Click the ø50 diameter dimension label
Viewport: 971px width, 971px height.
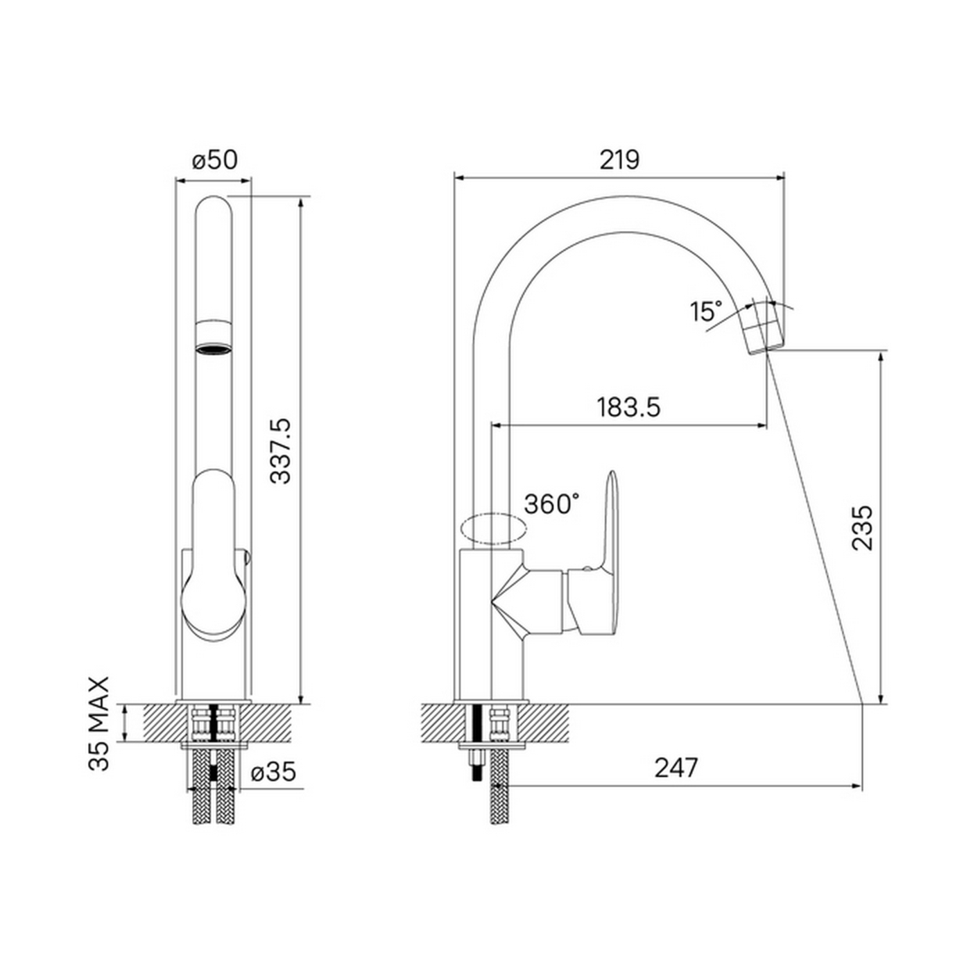(x=214, y=160)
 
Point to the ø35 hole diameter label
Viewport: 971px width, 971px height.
(x=273, y=771)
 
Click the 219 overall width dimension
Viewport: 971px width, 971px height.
(x=619, y=160)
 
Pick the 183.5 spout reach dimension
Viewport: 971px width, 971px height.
(x=628, y=407)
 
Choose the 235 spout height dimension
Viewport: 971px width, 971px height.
(x=861, y=528)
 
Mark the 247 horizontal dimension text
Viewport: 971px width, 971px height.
(x=676, y=767)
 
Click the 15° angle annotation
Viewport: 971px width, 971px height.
(x=706, y=311)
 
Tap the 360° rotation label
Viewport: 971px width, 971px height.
(x=551, y=504)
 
